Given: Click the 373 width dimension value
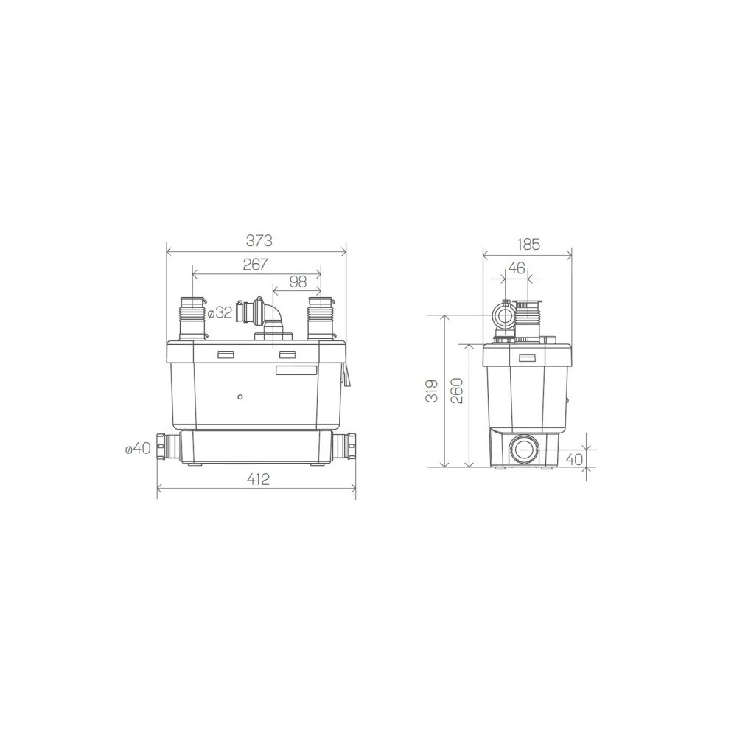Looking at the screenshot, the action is point(259,241).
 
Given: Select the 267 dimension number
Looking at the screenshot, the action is point(255,265).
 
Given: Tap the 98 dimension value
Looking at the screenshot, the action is point(298,282).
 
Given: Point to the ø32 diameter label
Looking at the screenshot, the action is point(220,313).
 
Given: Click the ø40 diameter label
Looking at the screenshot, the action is point(139,448).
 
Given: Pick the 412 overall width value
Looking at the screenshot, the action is point(258,479).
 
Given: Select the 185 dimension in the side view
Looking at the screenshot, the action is point(528,245).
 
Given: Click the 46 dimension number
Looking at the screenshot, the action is point(517,268).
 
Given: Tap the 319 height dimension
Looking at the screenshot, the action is point(433,391).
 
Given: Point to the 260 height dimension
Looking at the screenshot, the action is point(457,390).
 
